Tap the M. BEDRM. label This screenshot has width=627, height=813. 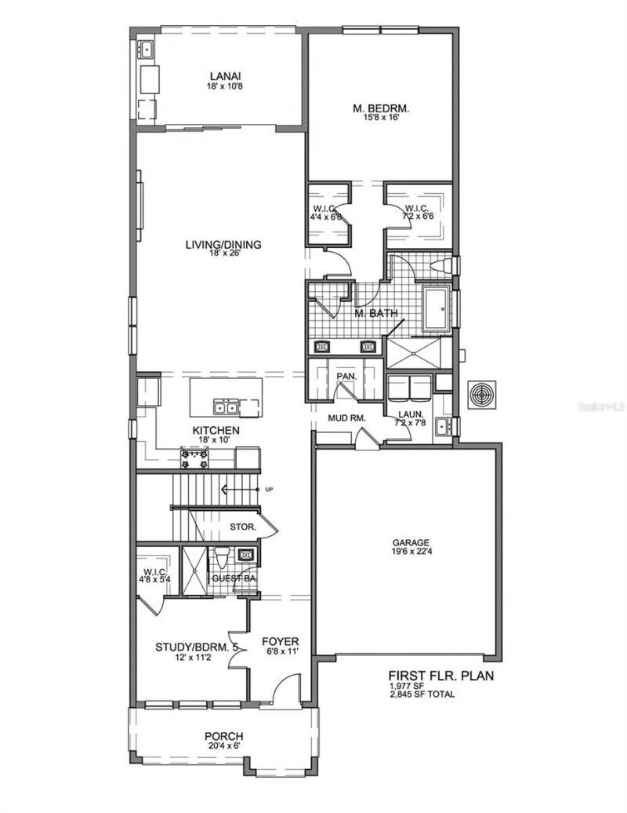tap(380, 108)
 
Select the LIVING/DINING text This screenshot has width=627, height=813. tap(223, 244)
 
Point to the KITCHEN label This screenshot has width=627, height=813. tap(216, 431)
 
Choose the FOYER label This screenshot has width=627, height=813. tap(280, 640)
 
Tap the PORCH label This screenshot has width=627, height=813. tap(223, 736)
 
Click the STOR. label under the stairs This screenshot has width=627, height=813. tap(243, 527)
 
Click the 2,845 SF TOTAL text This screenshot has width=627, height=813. tap(422, 695)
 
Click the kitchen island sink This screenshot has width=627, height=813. tap(227, 406)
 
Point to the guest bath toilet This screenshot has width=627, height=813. tap(221, 559)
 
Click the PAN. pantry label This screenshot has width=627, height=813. tap(346, 377)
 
